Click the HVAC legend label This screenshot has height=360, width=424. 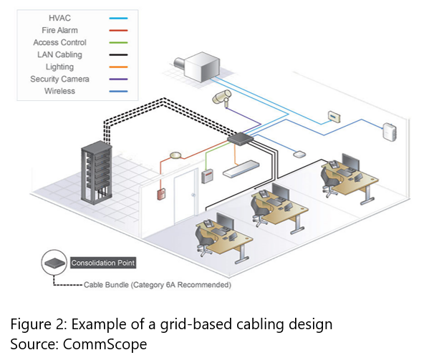coord(59,18)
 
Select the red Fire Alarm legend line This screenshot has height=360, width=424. coord(118,31)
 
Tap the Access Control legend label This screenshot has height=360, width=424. coord(59,42)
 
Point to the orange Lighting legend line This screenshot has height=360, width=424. coord(118,67)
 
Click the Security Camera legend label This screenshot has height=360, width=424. coord(59,79)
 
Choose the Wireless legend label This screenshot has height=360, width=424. coord(59,91)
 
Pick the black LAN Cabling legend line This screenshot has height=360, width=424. coord(118,55)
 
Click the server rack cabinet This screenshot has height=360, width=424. coord(97,172)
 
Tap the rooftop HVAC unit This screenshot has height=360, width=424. coord(198,67)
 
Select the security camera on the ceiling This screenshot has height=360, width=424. coord(222,97)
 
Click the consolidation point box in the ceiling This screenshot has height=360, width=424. coord(240,139)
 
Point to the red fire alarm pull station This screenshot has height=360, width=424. coord(161,194)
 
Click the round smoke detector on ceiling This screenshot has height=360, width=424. coord(175,155)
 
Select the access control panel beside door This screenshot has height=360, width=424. coord(208,176)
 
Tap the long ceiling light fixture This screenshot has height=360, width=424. coord(241,169)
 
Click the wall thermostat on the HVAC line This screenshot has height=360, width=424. coord(334,117)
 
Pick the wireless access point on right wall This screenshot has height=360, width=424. coord(390,132)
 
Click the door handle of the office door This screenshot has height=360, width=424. coord(193,195)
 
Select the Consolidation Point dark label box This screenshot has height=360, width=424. coord(103,263)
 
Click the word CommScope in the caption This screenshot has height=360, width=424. coord(105,344)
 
